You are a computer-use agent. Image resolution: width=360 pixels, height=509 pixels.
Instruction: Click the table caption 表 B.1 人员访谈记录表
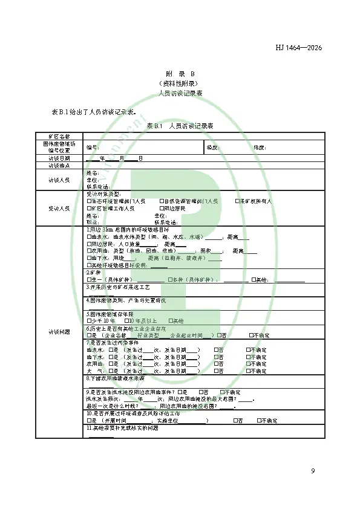[x=180, y=126]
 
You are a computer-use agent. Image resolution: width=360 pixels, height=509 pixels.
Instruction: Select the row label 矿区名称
[x=59, y=136]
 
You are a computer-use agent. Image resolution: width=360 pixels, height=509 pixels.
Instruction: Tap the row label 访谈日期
[x=59, y=158]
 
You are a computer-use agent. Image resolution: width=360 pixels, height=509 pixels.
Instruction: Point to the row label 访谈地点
[x=59, y=165]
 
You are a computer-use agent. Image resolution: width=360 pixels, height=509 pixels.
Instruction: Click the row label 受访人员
[x=59, y=208]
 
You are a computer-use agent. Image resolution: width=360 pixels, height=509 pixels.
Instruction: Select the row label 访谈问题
[x=59, y=331]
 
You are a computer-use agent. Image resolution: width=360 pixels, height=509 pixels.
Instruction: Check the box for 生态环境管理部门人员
[x=88, y=201]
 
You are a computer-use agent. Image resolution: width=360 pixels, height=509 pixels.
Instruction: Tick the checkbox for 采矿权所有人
[x=237, y=201]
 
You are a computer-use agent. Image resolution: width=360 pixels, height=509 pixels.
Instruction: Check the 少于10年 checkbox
[x=88, y=320]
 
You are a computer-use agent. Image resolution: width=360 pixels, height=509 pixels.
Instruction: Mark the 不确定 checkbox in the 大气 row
[x=248, y=371]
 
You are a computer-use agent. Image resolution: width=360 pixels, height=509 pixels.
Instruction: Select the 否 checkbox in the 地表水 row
[x=216, y=350]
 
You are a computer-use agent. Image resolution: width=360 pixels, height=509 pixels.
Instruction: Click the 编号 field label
[x=91, y=147]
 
